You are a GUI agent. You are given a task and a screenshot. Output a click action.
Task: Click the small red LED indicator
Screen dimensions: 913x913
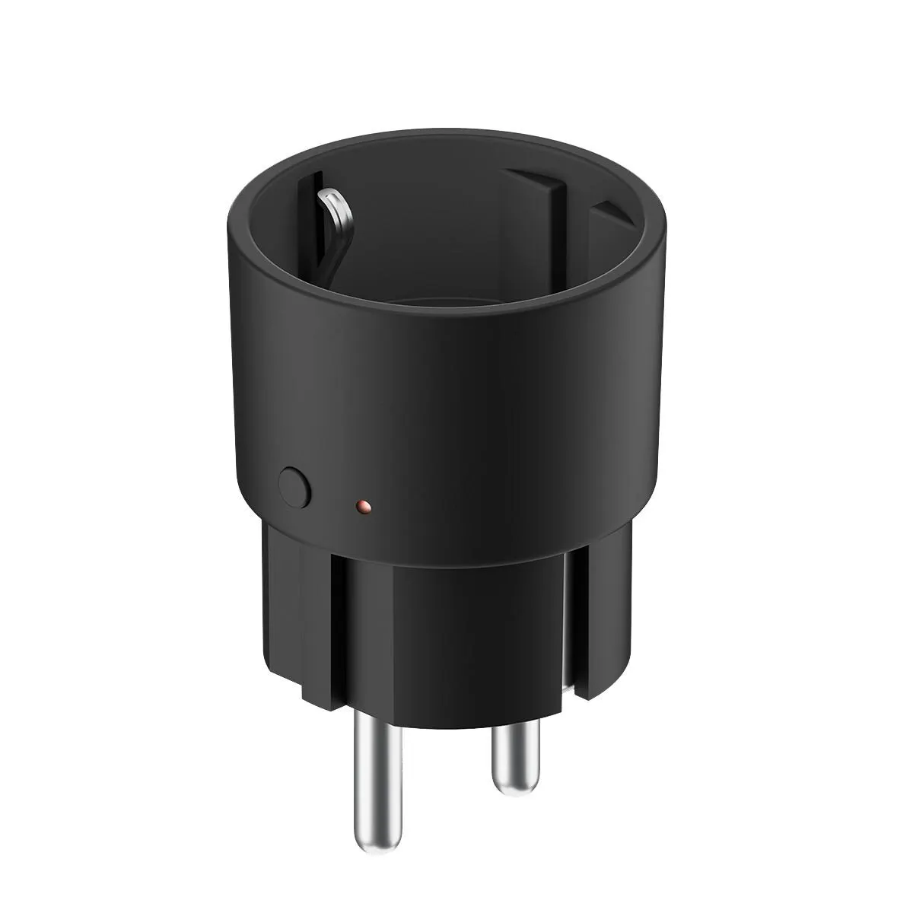pyautogui.click(x=363, y=505)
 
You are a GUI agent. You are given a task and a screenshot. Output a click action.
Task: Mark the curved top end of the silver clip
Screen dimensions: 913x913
pyautogui.click(x=328, y=199)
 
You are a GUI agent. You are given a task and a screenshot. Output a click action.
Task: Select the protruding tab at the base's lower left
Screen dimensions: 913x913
pyautogui.click(x=320, y=689)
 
